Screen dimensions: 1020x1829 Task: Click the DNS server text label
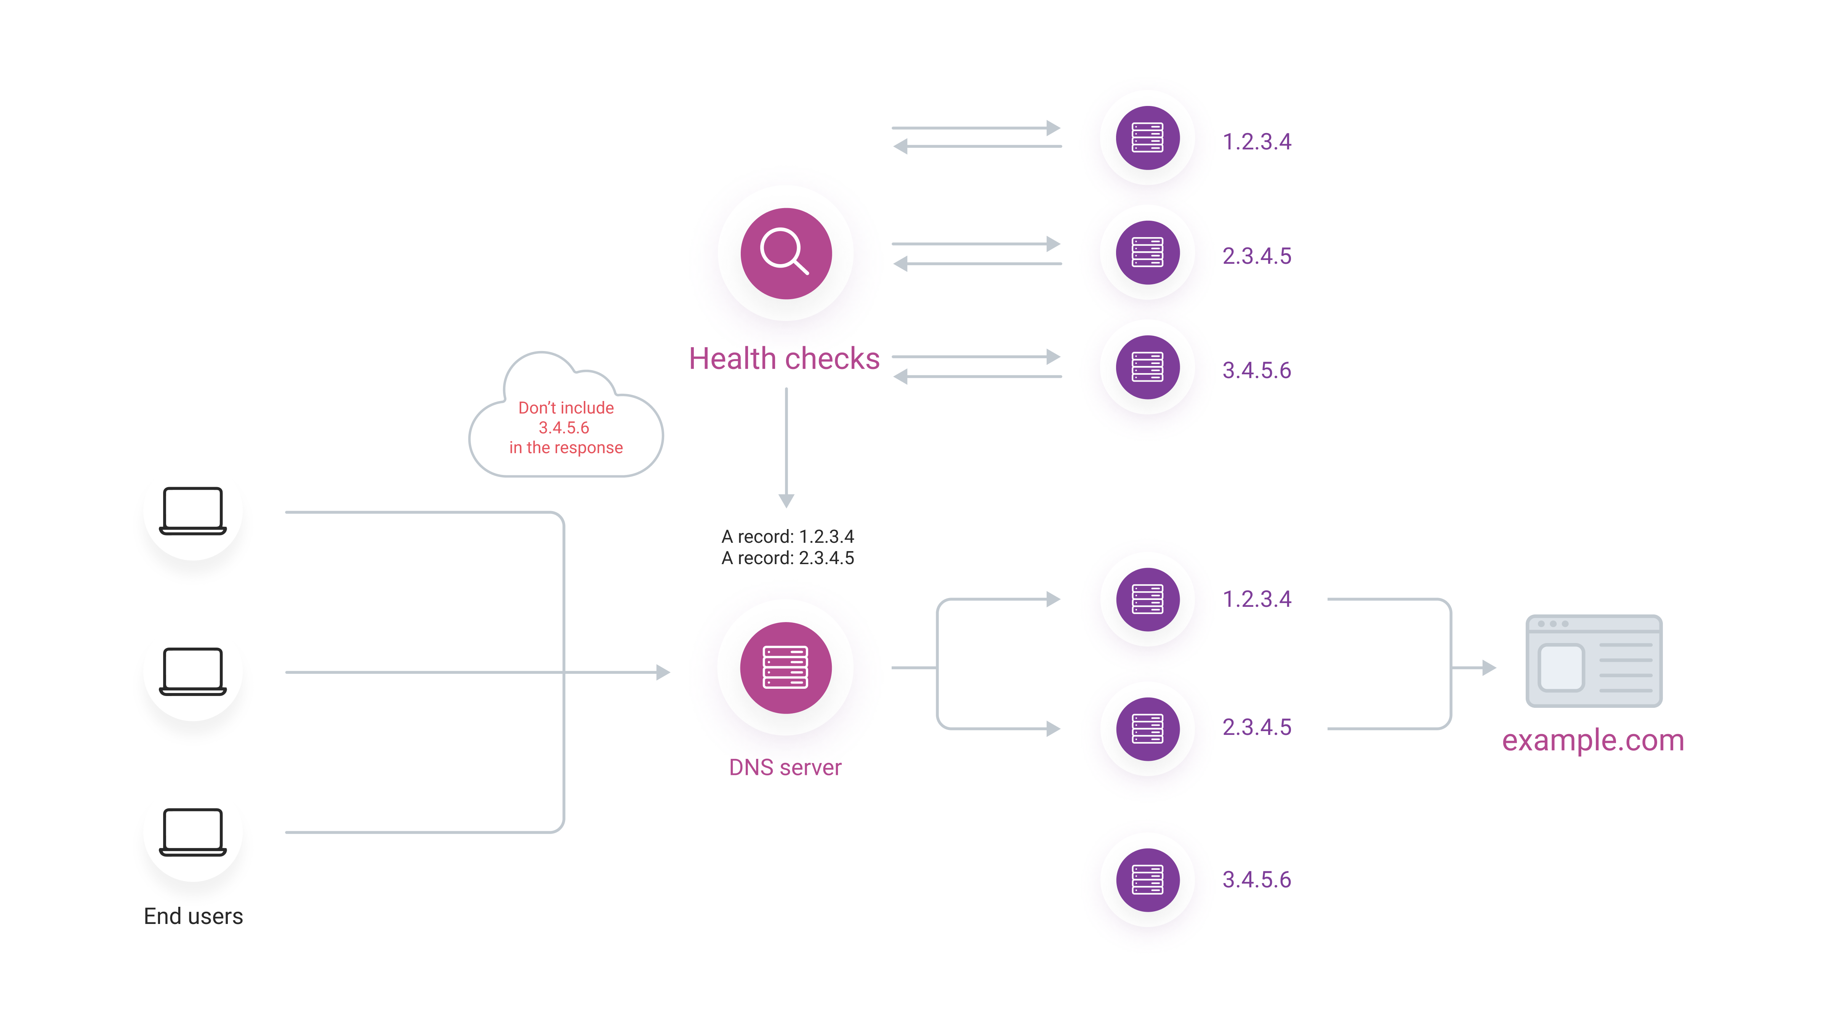[x=785, y=767]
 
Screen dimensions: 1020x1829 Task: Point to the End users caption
[x=193, y=916]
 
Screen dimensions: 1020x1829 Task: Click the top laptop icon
[x=192, y=510]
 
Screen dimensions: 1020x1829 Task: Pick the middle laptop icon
[x=192, y=670]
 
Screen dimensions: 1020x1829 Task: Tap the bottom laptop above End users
[x=192, y=831]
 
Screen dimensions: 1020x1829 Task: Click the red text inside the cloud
[x=566, y=428]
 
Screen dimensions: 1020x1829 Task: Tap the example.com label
[x=1593, y=740]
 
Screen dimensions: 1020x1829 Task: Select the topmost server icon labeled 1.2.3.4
[x=1147, y=138]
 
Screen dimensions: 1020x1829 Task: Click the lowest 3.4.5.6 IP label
[x=1256, y=879]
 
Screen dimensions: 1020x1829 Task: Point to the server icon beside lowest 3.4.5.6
[x=1147, y=879]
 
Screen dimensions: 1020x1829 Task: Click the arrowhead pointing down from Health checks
[x=786, y=500]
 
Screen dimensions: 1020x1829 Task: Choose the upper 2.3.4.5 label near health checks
[x=1256, y=256]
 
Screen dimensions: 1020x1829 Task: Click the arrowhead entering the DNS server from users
[x=663, y=672]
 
